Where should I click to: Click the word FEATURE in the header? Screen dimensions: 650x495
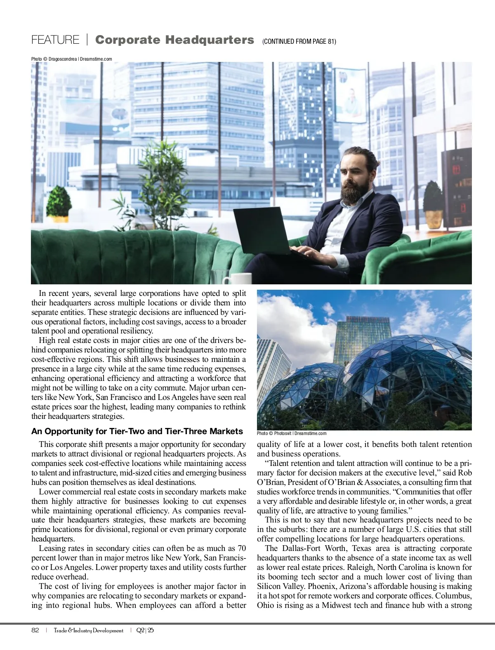55,40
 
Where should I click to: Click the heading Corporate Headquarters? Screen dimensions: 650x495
174,40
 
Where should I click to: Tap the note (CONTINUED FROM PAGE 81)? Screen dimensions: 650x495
299,41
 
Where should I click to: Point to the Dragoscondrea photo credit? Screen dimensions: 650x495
72,59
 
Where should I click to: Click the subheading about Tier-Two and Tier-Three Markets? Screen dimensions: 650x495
137,431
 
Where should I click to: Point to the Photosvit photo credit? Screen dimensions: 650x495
292,433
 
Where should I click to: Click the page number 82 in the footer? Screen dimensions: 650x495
35,630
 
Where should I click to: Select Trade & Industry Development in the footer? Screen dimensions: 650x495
89,630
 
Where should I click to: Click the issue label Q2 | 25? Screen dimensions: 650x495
145,630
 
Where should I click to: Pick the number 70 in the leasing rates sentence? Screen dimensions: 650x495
242,548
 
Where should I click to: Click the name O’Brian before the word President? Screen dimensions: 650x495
271,482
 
